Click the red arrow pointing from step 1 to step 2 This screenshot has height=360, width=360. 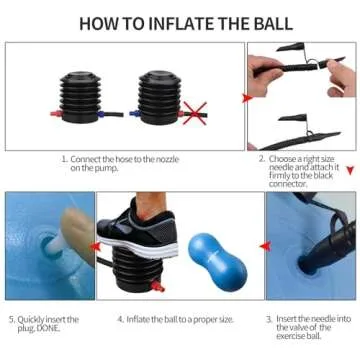[248, 98]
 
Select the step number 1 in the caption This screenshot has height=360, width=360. [64, 158]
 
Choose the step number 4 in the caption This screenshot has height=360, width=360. [120, 319]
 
